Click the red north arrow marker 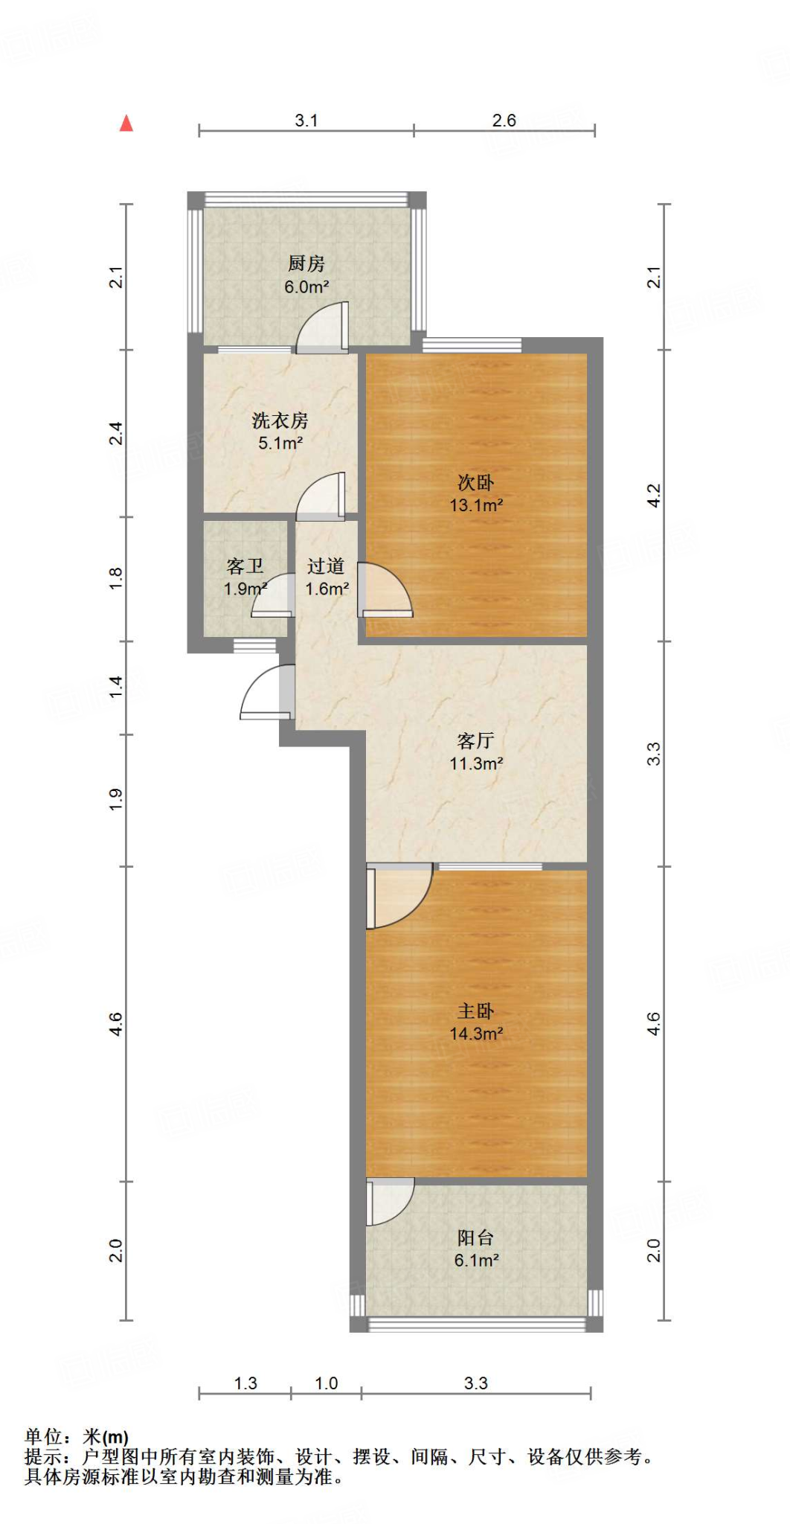click(x=126, y=124)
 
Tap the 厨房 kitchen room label click(x=306, y=263)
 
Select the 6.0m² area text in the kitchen click(x=306, y=286)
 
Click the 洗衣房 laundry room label click(x=280, y=420)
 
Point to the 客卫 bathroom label click(x=245, y=566)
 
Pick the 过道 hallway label click(x=326, y=566)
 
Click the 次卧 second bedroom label click(x=476, y=482)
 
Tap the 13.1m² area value click(x=476, y=505)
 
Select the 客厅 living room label click(x=476, y=740)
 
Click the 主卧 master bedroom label click(x=476, y=1011)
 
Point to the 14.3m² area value click(x=476, y=1034)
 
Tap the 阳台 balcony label click(x=476, y=1238)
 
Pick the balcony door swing click(x=390, y=1201)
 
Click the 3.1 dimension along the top click(x=306, y=121)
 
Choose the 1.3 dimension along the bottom click(x=245, y=1383)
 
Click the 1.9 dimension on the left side click(x=116, y=800)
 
